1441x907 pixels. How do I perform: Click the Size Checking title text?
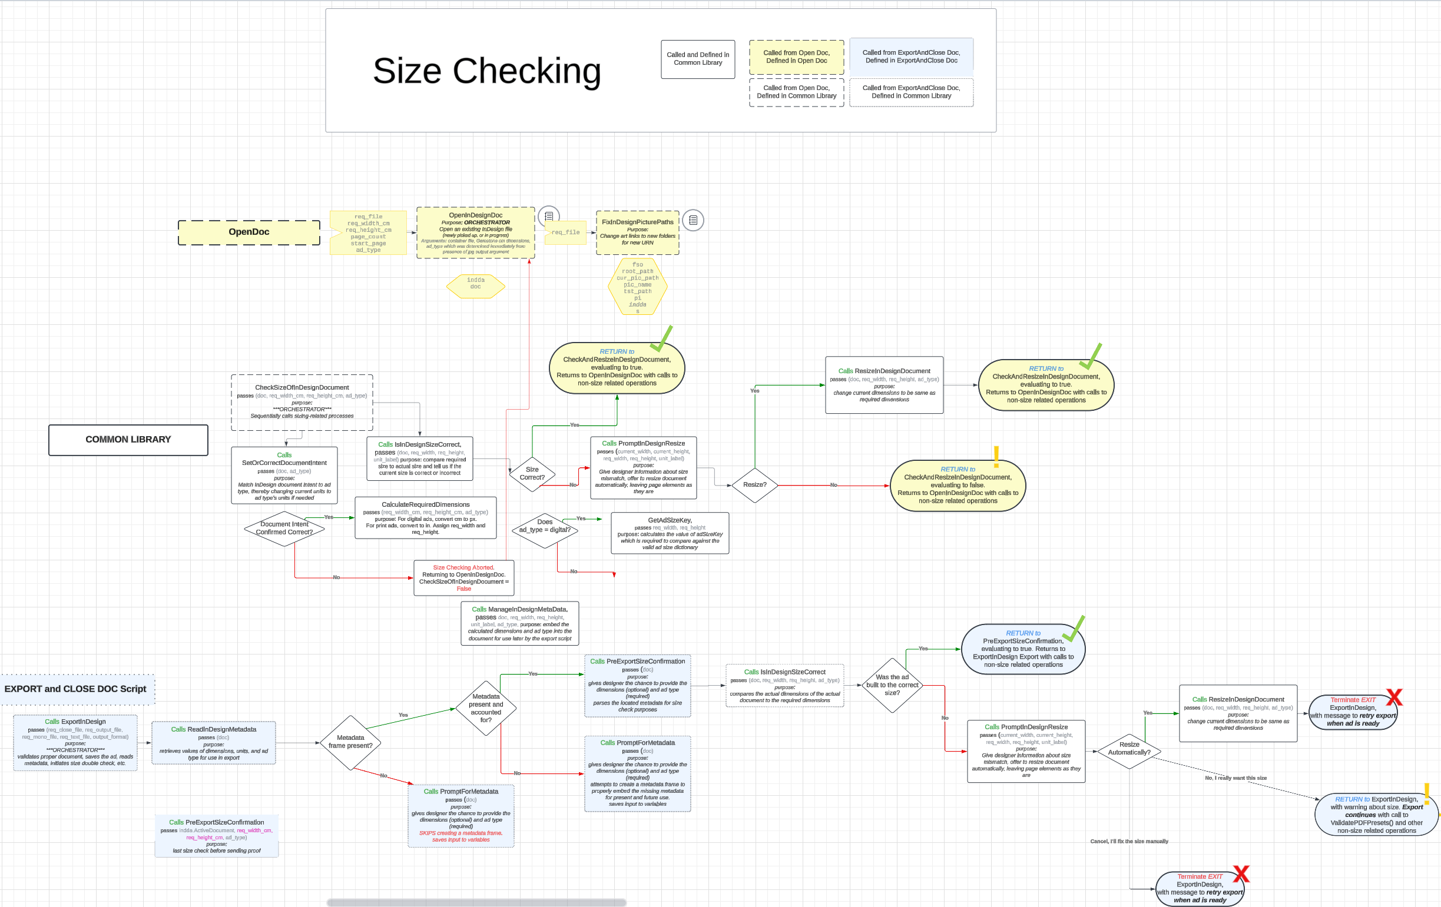point(486,71)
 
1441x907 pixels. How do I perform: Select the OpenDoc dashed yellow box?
point(249,232)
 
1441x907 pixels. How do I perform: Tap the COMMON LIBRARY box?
point(128,440)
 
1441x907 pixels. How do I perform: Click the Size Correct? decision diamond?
point(532,474)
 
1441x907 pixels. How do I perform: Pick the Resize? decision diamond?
point(754,484)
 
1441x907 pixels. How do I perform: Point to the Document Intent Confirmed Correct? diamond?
point(284,529)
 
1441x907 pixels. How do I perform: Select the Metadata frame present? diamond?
point(350,742)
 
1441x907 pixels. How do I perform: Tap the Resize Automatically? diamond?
point(1129,749)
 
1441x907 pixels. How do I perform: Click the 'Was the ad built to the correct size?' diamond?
point(892,685)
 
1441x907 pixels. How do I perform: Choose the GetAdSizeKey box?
point(670,533)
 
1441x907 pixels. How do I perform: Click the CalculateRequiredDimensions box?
point(426,518)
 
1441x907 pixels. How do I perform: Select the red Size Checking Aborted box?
point(464,578)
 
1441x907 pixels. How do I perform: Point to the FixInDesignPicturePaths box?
point(637,232)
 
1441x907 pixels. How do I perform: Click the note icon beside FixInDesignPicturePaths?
point(693,220)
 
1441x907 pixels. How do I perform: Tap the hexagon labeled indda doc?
point(476,284)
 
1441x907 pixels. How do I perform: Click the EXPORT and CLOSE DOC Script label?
point(75,689)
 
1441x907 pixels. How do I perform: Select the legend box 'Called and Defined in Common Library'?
point(698,59)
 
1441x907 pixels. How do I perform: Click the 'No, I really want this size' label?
point(1235,778)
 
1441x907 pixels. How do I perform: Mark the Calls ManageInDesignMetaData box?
point(519,623)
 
